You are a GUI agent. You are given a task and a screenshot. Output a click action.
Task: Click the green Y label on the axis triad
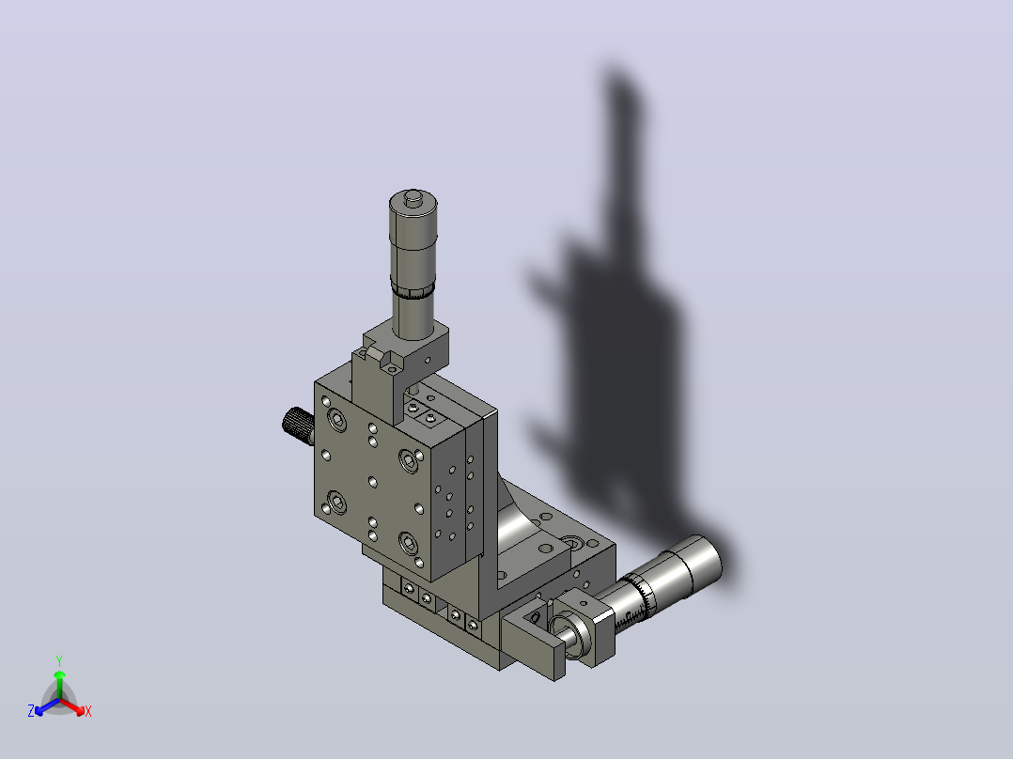click(59, 660)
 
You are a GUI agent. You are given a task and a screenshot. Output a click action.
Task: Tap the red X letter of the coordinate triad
click(88, 712)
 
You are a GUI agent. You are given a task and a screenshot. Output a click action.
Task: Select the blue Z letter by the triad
click(31, 710)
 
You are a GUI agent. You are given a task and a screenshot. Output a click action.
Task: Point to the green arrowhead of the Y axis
click(59, 675)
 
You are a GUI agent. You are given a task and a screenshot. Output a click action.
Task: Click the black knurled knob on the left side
click(298, 425)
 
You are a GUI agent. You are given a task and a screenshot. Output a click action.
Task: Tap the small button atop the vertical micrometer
click(413, 197)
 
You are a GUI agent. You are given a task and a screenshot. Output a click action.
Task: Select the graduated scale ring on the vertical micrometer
click(413, 290)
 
